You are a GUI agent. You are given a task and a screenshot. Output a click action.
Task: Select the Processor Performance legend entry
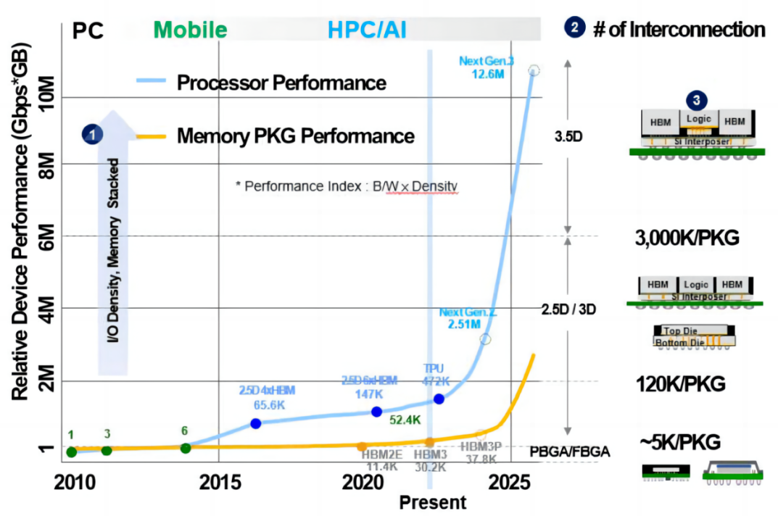coord(282,82)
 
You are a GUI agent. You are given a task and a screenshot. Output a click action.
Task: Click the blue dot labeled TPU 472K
coord(439,399)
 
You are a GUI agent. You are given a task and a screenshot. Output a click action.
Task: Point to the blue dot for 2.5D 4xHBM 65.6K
coord(255,423)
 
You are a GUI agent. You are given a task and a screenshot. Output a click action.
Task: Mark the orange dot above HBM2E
coord(362,446)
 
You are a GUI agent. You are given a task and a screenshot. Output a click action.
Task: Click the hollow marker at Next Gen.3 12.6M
coord(534,70)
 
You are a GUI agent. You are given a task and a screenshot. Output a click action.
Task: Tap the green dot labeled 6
coord(185,448)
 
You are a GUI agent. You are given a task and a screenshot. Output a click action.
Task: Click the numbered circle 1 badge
coord(93,133)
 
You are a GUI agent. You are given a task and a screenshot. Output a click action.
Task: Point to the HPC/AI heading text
coord(367,30)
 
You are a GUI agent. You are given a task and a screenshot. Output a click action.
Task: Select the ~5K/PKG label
coord(680,442)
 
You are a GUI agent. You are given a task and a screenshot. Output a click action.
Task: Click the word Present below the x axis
coord(433,502)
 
